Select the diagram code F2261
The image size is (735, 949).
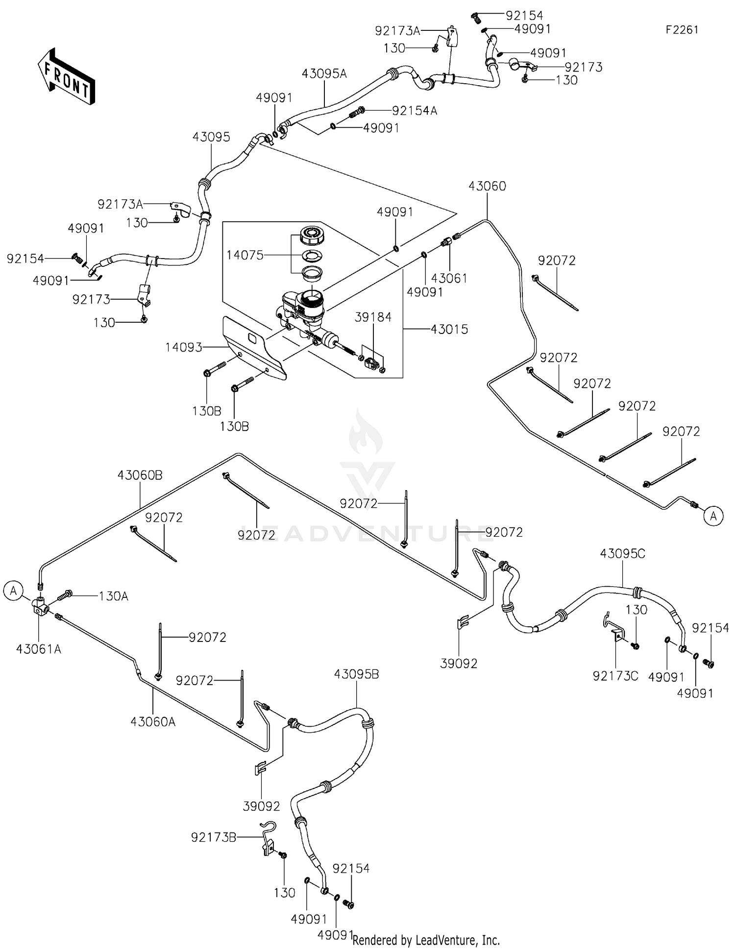[682, 30]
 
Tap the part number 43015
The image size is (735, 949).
[449, 329]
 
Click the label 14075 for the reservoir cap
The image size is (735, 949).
[245, 255]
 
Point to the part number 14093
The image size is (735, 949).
[184, 347]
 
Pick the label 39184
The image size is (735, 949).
[373, 317]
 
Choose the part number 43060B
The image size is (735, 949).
[140, 475]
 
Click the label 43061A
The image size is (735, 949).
[39, 649]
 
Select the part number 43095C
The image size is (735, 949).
[623, 553]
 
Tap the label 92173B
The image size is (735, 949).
[214, 838]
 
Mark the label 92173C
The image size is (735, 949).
[616, 676]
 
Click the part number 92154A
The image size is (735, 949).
[415, 111]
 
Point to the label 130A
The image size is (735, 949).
[114, 596]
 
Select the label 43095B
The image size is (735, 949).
[357, 674]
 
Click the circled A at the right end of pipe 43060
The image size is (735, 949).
[714, 516]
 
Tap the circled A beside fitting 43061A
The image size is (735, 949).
[13, 591]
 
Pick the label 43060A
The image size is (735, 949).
[153, 721]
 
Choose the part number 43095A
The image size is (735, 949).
[324, 73]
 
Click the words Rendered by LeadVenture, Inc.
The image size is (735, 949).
[426, 940]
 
